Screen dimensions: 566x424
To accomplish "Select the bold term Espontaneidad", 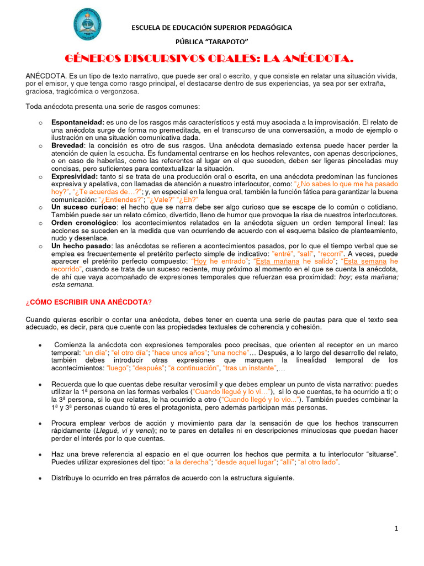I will click(x=77, y=122).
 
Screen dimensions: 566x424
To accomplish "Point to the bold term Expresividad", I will click(x=73, y=176).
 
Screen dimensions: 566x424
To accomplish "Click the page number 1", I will click(x=396, y=529).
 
